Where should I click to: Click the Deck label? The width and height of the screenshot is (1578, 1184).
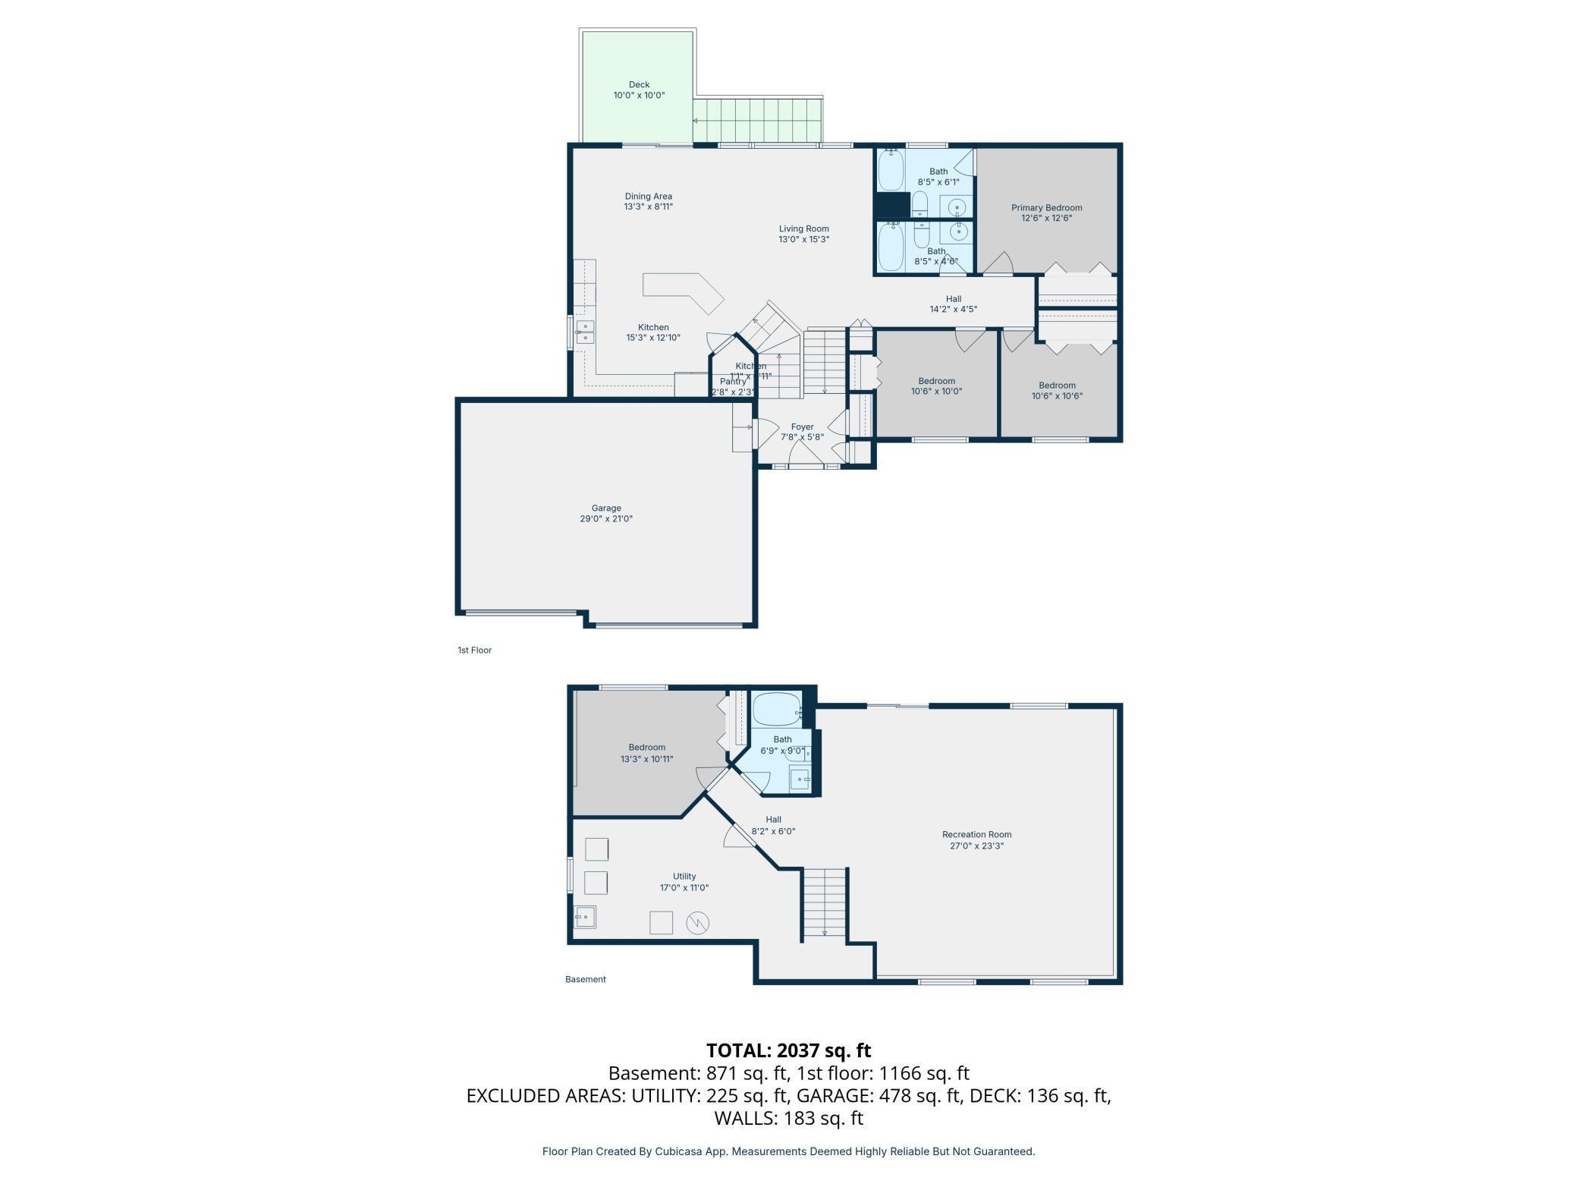[x=639, y=85]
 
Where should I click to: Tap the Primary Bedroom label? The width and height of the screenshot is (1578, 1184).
[x=1046, y=208]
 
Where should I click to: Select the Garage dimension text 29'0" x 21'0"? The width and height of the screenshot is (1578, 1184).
[x=606, y=519]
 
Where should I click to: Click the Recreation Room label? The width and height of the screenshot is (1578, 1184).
[x=976, y=835]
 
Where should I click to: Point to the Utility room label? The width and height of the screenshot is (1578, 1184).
[x=684, y=877]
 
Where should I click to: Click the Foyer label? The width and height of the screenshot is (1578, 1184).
[x=802, y=427]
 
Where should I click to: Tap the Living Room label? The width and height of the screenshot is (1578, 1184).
[x=803, y=229]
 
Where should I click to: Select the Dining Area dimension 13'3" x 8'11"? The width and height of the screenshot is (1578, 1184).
[x=648, y=206]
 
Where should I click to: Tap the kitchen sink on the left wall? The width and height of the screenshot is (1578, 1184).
[x=584, y=332]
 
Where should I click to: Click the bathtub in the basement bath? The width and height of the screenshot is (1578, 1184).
[x=775, y=709]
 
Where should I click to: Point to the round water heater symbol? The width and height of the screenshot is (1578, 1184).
[x=697, y=923]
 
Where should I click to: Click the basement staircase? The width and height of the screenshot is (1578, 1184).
[x=824, y=902]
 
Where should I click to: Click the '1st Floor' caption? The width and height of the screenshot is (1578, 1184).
[x=474, y=650]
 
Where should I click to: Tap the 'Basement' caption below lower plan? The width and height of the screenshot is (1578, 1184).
[x=585, y=979]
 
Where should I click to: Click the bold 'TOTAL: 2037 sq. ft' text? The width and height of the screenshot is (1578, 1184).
[x=788, y=1050]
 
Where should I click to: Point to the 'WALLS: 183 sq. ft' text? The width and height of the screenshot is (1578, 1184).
[x=788, y=1118]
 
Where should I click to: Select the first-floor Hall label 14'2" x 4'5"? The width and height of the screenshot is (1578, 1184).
[x=953, y=299]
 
